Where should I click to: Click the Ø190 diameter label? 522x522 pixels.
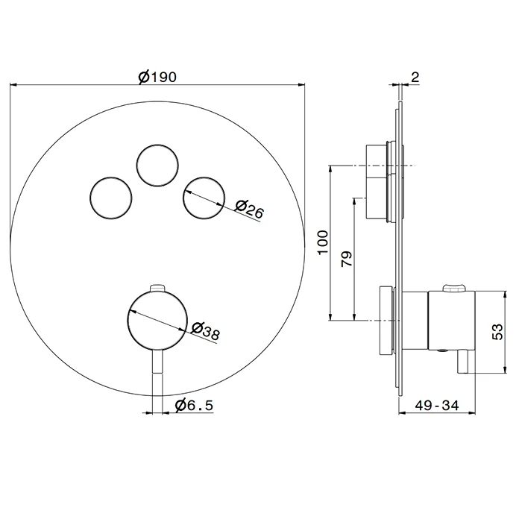[x=157, y=78]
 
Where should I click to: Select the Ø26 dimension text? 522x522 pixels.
[x=249, y=210]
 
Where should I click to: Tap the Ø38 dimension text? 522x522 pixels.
[x=206, y=331]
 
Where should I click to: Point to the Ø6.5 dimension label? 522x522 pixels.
[x=194, y=405]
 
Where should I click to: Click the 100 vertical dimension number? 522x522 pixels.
[x=323, y=242]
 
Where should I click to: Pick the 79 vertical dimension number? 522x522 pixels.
[x=347, y=259]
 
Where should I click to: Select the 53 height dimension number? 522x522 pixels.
[x=497, y=332]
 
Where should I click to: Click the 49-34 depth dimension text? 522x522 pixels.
[x=437, y=405]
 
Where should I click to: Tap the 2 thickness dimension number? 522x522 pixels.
[x=415, y=78]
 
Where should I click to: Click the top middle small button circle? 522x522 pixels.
[x=157, y=166]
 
